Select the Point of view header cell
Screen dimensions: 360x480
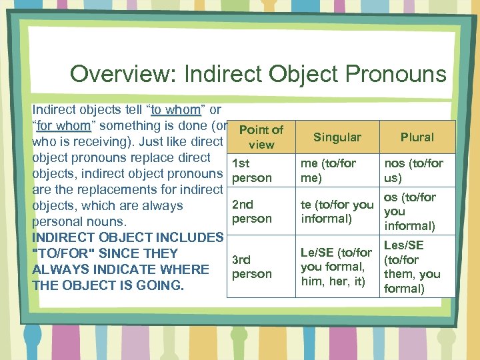pyautogui.click(x=261, y=137)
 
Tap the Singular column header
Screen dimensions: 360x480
pyautogui.click(x=337, y=137)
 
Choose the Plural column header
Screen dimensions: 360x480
pyautogui.click(x=417, y=137)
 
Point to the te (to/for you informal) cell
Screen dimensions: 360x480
pyautogui.click(x=336, y=211)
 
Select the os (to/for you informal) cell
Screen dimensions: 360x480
pyautogui.click(x=409, y=211)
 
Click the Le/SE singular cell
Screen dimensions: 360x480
pyautogui.click(x=336, y=267)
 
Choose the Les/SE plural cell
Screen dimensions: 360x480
pyautogui.click(x=411, y=267)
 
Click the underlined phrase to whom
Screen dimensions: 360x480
pyautogui.click(x=176, y=109)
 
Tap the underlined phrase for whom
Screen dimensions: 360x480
pyautogui.click(x=63, y=125)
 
